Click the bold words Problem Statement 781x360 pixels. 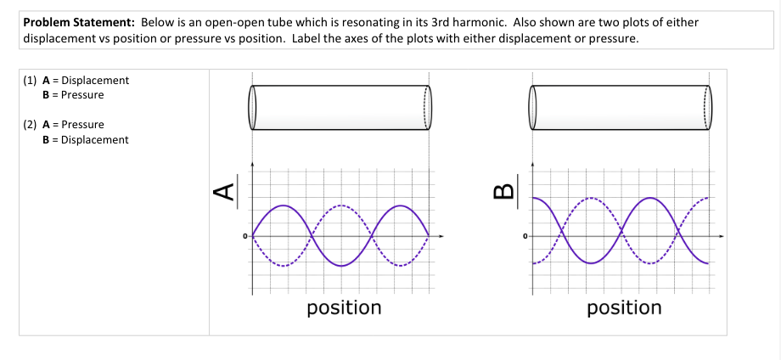tap(80, 22)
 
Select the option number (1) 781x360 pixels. tap(30, 80)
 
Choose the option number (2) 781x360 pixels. tap(30, 125)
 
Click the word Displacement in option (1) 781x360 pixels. tap(95, 80)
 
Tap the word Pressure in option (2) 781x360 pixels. tap(82, 125)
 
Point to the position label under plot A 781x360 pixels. tap(344, 308)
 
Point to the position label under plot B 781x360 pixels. tap(624, 308)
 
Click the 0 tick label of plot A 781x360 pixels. tap(245, 235)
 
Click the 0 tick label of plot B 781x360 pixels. tap(525, 235)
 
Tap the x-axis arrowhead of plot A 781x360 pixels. tap(441, 235)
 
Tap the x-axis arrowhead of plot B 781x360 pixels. tap(721, 235)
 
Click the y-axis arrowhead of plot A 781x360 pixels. tap(252, 163)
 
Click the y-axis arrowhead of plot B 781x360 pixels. tap(532, 163)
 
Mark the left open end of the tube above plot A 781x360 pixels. tap(252, 108)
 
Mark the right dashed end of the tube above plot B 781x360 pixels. tap(708, 108)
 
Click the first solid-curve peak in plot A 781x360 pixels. tap(283, 205)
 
